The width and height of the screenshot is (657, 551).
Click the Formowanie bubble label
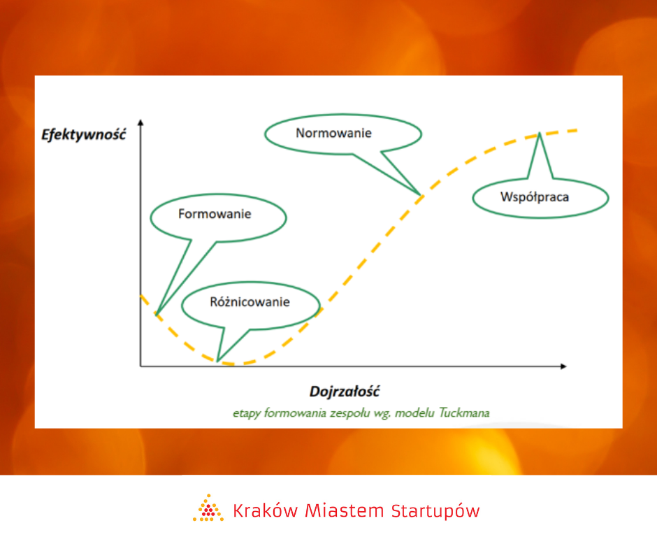coord(215,214)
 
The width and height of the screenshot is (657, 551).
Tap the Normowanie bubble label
coord(333,133)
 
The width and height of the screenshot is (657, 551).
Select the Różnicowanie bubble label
coord(250,302)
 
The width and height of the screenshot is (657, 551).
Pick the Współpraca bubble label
coord(535,197)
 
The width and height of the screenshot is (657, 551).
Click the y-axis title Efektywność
coord(83,135)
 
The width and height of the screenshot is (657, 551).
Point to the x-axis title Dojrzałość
coord(345,392)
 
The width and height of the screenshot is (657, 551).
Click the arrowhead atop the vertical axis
coord(140,122)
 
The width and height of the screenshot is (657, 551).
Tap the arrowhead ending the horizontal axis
coord(563,366)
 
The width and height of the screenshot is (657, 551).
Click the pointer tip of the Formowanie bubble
coord(157,315)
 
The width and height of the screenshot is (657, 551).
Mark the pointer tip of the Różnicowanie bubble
coord(217,361)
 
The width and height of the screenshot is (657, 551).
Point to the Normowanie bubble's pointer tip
coord(420,194)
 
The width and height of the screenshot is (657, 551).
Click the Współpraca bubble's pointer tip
coord(540,133)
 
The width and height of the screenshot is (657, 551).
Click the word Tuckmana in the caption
coord(464,413)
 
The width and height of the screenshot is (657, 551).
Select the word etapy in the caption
coord(247,413)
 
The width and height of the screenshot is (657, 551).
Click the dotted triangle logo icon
coord(208,508)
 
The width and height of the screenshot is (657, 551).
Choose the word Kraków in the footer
coord(265,510)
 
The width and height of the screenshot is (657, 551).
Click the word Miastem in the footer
coord(345,510)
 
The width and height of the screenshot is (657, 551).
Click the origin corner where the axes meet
coord(140,366)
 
